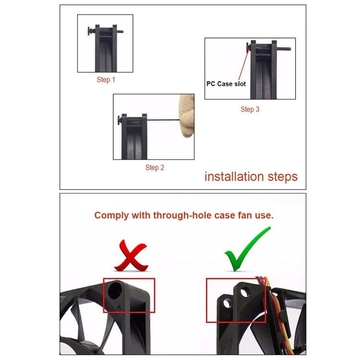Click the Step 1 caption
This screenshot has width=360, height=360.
(106, 80)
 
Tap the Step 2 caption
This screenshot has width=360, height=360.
(155, 168)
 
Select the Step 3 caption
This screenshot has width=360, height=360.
(250, 109)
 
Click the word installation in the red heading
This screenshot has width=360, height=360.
(234, 177)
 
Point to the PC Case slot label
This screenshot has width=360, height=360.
(226, 84)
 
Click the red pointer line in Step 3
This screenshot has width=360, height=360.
(243, 65)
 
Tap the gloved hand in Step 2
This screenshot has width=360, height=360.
(187, 116)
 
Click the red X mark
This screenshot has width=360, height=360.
(132, 255)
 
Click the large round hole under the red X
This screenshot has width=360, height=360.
(115, 290)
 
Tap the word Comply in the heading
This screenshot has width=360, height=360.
(111, 216)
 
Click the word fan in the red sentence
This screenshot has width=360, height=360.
(245, 216)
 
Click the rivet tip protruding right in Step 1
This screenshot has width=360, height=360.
(120, 32)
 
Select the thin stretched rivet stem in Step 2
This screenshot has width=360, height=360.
(163, 120)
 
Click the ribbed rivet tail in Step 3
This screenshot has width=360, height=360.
(284, 48)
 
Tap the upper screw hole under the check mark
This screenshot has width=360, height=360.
(245, 292)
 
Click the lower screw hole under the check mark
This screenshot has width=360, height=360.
(227, 303)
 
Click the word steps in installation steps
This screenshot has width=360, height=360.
(283, 177)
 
